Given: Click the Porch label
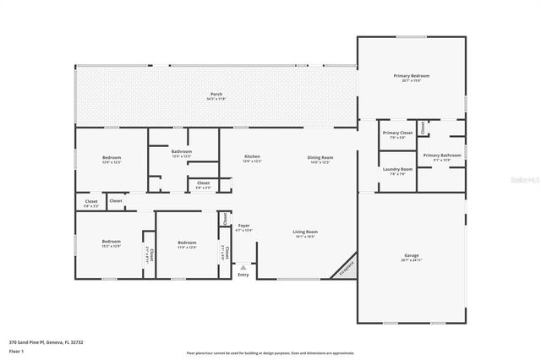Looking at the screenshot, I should click(x=216, y=93).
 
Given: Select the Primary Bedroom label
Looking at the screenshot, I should click(x=412, y=76).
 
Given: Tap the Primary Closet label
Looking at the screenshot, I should click(x=396, y=133).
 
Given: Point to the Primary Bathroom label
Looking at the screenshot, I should click(x=441, y=155).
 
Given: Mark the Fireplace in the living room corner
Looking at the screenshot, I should click(x=346, y=268).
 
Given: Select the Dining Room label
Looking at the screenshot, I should click(x=320, y=157).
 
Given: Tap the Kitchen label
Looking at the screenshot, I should click(x=252, y=157).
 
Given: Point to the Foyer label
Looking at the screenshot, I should click(x=243, y=226).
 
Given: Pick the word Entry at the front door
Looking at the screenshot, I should click(x=243, y=275).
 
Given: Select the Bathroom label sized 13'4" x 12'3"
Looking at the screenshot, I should click(x=182, y=151).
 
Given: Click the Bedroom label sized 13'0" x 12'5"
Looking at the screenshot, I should click(x=112, y=157).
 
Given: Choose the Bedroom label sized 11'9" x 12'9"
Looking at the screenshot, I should click(x=187, y=243).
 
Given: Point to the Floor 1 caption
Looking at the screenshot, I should click(x=17, y=350).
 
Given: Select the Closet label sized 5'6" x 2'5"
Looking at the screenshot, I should click(x=204, y=183).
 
